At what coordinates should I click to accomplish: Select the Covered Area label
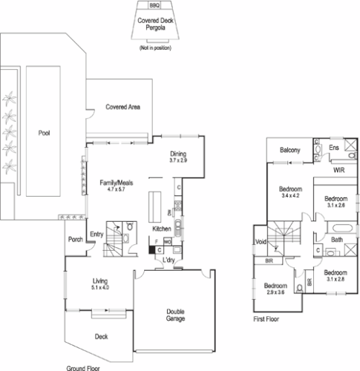click(x=123, y=107)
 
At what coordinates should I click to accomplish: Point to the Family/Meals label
click(x=114, y=183)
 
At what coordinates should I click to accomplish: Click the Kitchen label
click(x=162, y=229)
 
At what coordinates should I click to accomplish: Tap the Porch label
click(x=75, y=239)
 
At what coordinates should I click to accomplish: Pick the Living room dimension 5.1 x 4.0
click(x=101, y=287)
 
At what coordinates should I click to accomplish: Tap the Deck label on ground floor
click(x=102, y=336)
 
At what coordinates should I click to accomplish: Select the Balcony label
click(x=289, y=151)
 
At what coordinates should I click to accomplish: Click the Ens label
click(x=334, y=148)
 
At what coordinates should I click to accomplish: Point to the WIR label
click(x=338, y=170)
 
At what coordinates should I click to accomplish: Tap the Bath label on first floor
click(x=336, y=240)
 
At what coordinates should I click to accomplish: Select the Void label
click(x=261, y=242)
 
